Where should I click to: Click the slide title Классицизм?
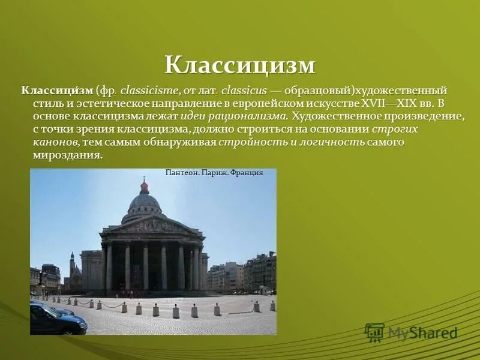[x=240, y=65]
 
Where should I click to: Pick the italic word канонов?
[x=56, y=142]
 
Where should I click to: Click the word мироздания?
[x=68, y=154]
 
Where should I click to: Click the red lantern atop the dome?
[x=144, y=187]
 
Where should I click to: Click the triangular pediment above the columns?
[x=152, y=226]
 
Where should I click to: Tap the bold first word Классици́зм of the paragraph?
[x=58, y=91]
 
